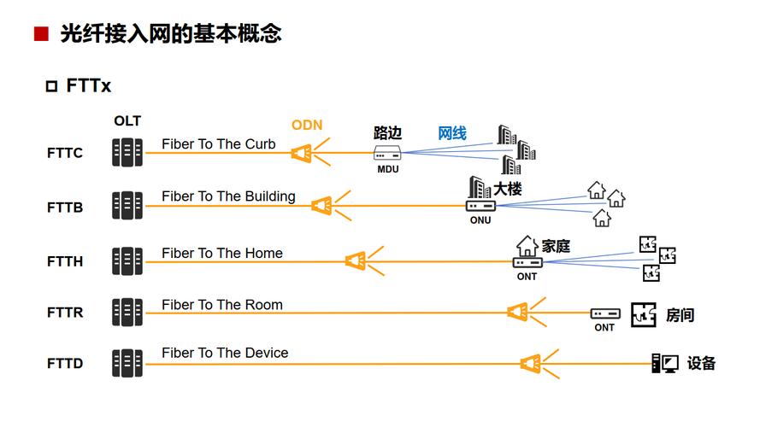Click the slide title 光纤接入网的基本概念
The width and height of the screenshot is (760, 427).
pos(170,34)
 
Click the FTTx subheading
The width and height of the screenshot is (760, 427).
pos(88,86)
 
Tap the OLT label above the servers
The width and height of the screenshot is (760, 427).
pos(127,121)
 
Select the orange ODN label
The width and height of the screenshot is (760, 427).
pos(307,125)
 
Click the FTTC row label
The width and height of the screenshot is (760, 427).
pos(65,154)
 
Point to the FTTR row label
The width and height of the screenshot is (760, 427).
pos(65,313)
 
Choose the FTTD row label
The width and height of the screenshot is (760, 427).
pos(65,364)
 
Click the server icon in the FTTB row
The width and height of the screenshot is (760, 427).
pos(127,206)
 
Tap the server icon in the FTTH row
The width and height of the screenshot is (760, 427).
pos(127,261)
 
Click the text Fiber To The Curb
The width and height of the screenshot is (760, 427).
pos(219,144)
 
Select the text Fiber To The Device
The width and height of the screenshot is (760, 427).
pos(225,353)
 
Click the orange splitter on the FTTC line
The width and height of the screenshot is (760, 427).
pos(301,154)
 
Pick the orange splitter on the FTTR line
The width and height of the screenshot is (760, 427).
pos(517,312)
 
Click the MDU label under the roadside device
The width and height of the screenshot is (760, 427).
pos(388,169)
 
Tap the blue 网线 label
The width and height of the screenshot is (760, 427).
pos(452,133)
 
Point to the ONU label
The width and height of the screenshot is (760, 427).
pos(480,220)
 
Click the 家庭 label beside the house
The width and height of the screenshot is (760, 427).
pos(556,246)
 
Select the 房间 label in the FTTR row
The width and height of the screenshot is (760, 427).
pos(680,315)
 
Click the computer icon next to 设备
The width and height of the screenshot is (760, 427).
pos(664,363)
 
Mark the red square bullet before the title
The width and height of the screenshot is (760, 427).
pos(39,35)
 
